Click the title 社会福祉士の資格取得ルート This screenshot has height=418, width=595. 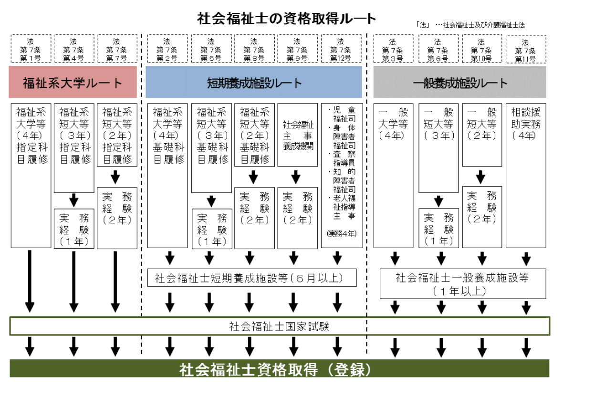tap(287, 19)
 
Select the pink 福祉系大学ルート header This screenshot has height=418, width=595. tap(73, 83)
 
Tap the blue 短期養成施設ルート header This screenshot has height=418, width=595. tap(254, 83)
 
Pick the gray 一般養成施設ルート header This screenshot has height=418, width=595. tap(459, 83)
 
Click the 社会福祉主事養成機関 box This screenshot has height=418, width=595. tap(297, 135)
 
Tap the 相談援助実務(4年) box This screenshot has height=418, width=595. tap(526, 124)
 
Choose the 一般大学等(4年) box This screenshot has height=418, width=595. tap(393, 124)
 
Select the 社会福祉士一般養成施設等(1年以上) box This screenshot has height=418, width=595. tap(462, 283)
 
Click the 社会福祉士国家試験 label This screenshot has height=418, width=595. tap(280, 326)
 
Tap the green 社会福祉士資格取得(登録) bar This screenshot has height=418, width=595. tap(280, 369)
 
